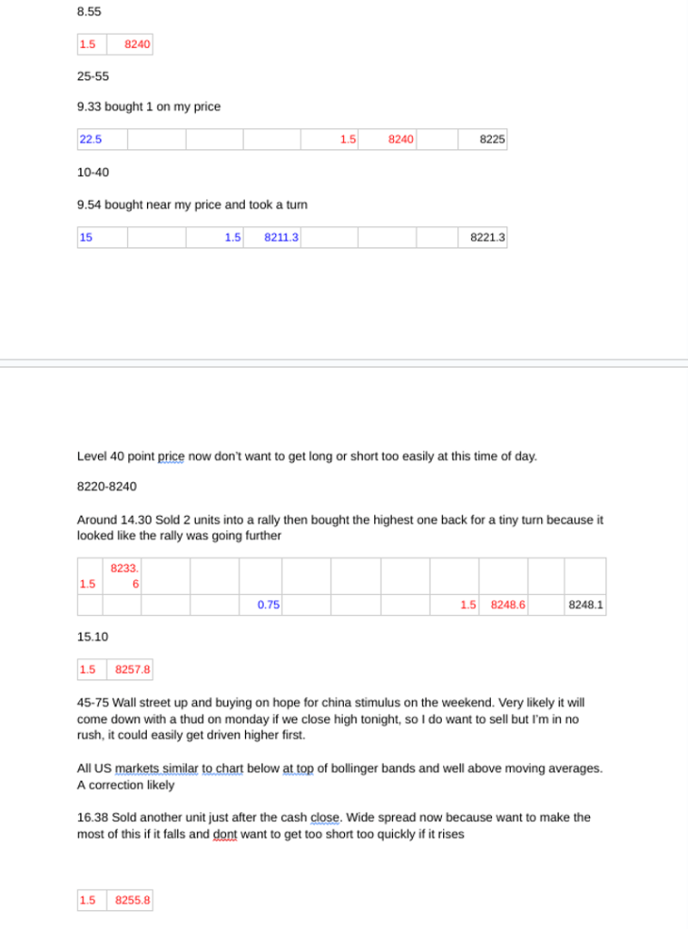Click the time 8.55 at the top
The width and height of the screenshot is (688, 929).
click(x=89, y=13)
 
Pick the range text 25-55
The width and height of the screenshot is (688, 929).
click(x=93, y=76)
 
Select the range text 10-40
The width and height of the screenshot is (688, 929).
click(x=93, y=172)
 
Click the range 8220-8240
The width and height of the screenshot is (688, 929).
click(x=107, y=486)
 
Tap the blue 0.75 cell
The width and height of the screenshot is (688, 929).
click(x=268, y=604)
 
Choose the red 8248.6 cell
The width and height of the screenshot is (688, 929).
click(x=508, y=604)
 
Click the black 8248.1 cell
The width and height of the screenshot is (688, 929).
click(x=586, y=604)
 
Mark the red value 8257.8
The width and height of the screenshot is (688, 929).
click(x=132, y=670)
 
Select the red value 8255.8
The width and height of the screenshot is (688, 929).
click(x=132, y=900)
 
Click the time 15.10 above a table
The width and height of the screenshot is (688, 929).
click(x=93, y=637)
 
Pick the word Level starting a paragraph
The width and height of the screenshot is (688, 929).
click(x=93, y=456)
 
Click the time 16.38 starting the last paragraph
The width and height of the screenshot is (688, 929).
click(x=93, y=817)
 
